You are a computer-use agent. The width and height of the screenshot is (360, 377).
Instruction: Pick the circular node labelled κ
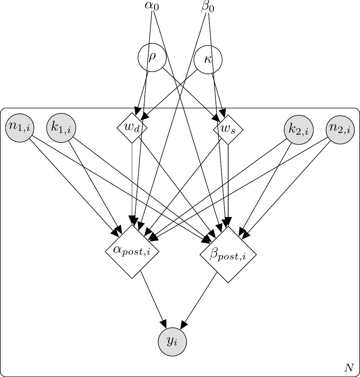(x=208, y=60)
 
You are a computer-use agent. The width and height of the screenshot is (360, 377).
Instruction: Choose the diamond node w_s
(x=228, y=130)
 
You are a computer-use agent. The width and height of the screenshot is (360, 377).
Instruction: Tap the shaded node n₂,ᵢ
(x=341, y=129)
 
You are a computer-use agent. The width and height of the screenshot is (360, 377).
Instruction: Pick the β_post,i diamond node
(x=228, y=255)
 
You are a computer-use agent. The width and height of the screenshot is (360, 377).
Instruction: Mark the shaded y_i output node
(x=173, y=342)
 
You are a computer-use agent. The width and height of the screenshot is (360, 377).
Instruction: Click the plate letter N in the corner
(x=349, y=368)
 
